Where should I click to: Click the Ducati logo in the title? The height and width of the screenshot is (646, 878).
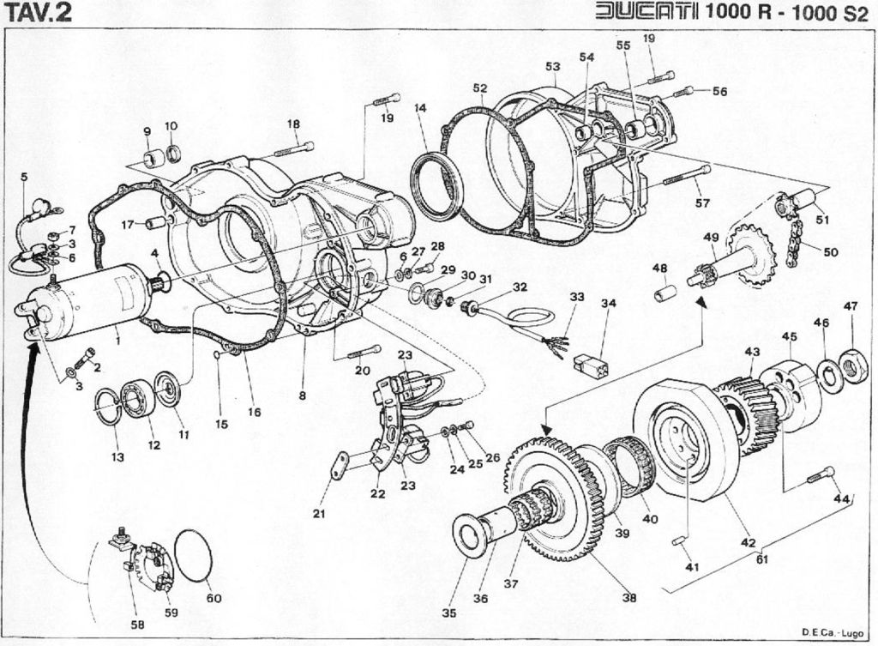(647, 13)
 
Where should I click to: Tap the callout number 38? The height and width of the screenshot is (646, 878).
(629, 597)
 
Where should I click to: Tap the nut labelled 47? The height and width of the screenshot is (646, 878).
(852, 366)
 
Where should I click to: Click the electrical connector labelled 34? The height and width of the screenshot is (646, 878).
(592, 365)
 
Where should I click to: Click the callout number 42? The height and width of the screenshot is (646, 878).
(748, 542)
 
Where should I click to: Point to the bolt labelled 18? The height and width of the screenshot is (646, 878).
(296, 149)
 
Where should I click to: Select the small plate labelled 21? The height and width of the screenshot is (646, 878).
(340, 466)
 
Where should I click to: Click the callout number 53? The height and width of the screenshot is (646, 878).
(552, 66)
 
